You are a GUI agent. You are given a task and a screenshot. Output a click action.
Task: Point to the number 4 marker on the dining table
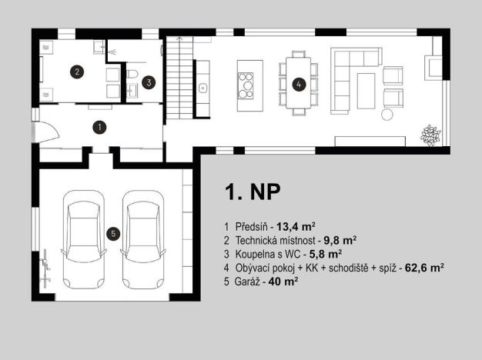pos(298,84)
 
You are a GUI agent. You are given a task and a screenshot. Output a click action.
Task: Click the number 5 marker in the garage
pos(113,233)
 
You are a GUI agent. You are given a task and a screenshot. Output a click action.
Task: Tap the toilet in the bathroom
pos(131,75)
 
